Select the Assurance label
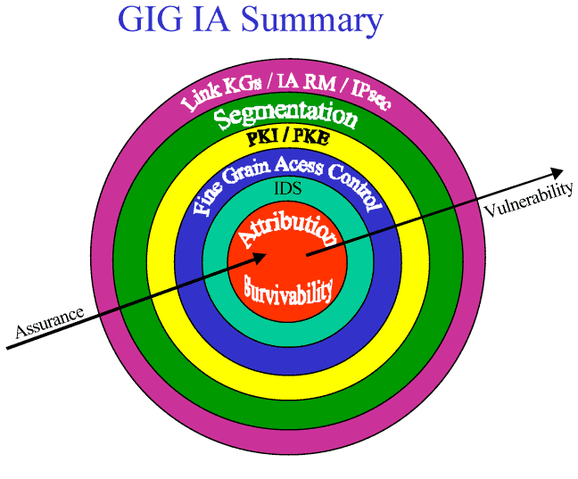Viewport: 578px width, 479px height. click(x=50, y=322)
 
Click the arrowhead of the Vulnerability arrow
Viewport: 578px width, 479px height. click(x=557, y=171)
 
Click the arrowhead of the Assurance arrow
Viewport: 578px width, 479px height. click(x=260, y=257)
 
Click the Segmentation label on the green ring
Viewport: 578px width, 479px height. click(x=287, y=116)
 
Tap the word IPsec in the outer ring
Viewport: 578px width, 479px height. click(x=370, y=97)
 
